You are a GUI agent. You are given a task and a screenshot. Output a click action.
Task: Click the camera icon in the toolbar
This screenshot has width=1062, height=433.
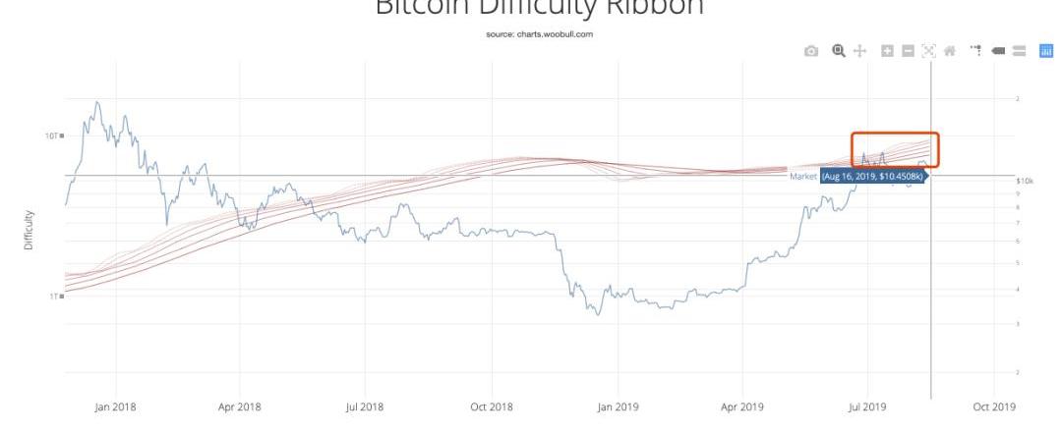(x=811, y=51)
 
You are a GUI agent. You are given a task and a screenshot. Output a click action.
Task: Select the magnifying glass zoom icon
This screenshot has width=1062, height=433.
(x=839, y=51)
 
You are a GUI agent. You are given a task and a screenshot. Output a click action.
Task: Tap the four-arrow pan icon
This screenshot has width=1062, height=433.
(x=859, y=51)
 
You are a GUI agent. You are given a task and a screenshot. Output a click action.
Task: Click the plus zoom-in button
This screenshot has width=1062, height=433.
(x=887, y=51)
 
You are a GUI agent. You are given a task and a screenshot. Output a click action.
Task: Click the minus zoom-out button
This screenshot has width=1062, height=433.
(x=908, y=51)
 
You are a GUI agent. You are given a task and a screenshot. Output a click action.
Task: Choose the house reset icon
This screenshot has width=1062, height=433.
(x=950, y=51)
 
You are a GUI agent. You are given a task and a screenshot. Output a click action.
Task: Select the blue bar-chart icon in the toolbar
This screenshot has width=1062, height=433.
(x=1046, y=51)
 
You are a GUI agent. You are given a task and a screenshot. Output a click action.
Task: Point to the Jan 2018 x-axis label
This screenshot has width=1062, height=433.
(x=115, y=406)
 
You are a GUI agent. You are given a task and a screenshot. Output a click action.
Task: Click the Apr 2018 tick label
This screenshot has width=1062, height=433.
(x=240, y=406)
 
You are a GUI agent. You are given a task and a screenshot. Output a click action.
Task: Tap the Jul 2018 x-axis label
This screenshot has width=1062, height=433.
(x=365, y=406)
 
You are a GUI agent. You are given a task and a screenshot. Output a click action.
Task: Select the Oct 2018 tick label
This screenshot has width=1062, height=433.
(x=492, y=406)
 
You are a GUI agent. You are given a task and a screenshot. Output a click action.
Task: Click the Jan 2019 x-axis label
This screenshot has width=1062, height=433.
(x=618, y=406)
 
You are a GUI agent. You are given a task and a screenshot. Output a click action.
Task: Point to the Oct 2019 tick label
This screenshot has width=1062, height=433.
(x=994, y=406)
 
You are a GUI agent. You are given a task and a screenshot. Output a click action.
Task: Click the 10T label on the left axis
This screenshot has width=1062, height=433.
(x=53, y=135)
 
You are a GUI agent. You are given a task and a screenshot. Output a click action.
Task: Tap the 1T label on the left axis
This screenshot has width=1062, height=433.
(x=55, y=296)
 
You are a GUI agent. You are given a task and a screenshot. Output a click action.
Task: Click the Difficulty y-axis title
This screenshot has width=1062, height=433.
(x=29, y=229)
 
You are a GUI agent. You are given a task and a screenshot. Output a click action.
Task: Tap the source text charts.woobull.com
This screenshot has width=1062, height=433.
(x=539, y=34)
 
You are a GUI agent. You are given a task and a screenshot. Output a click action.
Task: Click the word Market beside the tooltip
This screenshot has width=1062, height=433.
(x=803, y=177)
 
